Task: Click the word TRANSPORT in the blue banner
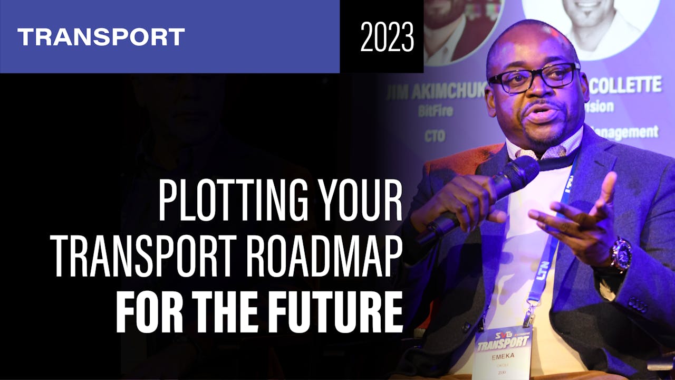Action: coord(101,37)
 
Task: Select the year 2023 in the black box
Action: coord(387,36)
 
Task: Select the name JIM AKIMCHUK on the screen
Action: coord(435,93)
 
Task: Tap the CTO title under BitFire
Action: coord(435,136)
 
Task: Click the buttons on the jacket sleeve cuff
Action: coord(639,305)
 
